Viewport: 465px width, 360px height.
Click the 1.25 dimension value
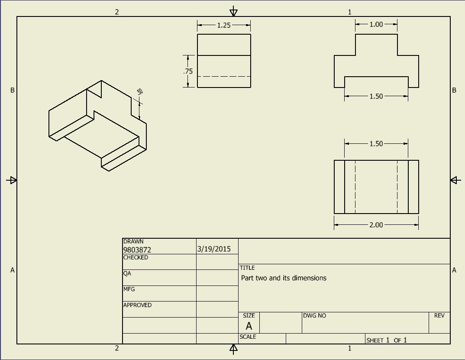[224, 25]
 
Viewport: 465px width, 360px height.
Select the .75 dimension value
[188, 71]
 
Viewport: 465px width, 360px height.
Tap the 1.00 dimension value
[376, 25]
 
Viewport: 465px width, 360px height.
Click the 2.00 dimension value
[376, 225]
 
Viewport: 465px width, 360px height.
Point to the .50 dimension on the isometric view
[139, 91]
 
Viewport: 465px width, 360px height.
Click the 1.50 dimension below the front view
[376, 96]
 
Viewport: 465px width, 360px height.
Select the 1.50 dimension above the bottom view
[376, 144]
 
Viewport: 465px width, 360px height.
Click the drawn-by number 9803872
[137, 250]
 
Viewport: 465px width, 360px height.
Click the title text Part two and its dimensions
[284, 278]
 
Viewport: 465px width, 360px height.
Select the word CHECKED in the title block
[136, 257]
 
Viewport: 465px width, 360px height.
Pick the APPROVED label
[137, 305]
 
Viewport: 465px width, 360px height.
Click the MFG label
[129, 289]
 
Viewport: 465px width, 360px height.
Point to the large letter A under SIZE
[249, 326]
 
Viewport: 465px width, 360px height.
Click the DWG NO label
[315, 316]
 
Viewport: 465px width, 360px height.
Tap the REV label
[439, 316]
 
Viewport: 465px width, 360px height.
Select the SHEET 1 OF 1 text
[387, 340]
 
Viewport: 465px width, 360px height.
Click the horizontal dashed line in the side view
[224, 77]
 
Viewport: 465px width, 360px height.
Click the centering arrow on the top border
[234, 11]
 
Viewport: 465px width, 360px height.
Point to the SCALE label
[248, 337]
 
